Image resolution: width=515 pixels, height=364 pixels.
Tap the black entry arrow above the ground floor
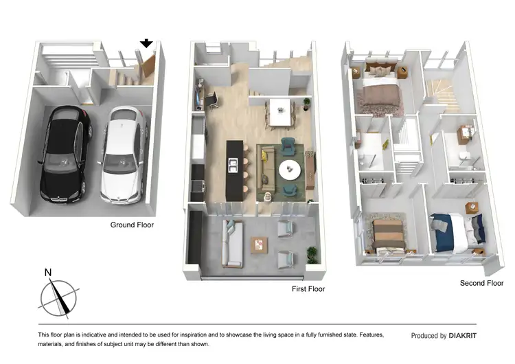coord(146,44)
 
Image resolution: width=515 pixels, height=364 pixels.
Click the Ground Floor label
coord(133,225)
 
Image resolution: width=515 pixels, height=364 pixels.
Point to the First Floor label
coord(308,289)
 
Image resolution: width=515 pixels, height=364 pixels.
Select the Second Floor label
coord(481,282)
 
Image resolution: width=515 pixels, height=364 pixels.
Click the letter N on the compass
coord(48,273)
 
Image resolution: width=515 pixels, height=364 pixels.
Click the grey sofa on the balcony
coord(232,244)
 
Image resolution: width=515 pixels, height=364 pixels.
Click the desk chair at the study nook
coord(213,100)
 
